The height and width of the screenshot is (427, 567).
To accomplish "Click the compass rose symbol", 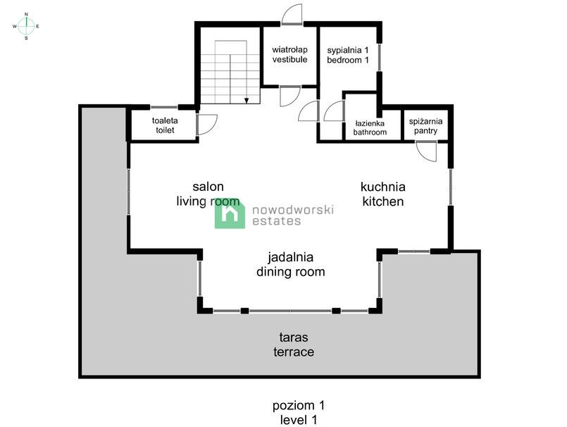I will click(x=26, y=26).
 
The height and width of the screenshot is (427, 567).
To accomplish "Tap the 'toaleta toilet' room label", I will click(x=165, y=125).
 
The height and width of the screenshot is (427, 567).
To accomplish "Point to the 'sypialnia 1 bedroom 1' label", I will click(x=348, y=55).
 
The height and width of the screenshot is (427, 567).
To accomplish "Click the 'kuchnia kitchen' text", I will click(x=382, y=194).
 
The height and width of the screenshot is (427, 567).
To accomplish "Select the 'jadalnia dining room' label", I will click(x=290, y=264).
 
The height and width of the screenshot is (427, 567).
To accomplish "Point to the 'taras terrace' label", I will click(x=294, y=345).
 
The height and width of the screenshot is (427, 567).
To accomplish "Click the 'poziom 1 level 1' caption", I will click(x=299, y=412).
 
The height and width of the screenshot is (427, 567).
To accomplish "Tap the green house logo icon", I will click(x=230, y=213).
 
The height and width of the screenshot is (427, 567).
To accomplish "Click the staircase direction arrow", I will click(x=247, y=100).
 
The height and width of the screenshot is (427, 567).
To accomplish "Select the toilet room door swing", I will click(x=206, y=124).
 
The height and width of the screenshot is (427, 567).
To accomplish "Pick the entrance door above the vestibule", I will click(x=291, y=15).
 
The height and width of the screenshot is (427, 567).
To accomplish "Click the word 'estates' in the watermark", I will click(x=276, y=221).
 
